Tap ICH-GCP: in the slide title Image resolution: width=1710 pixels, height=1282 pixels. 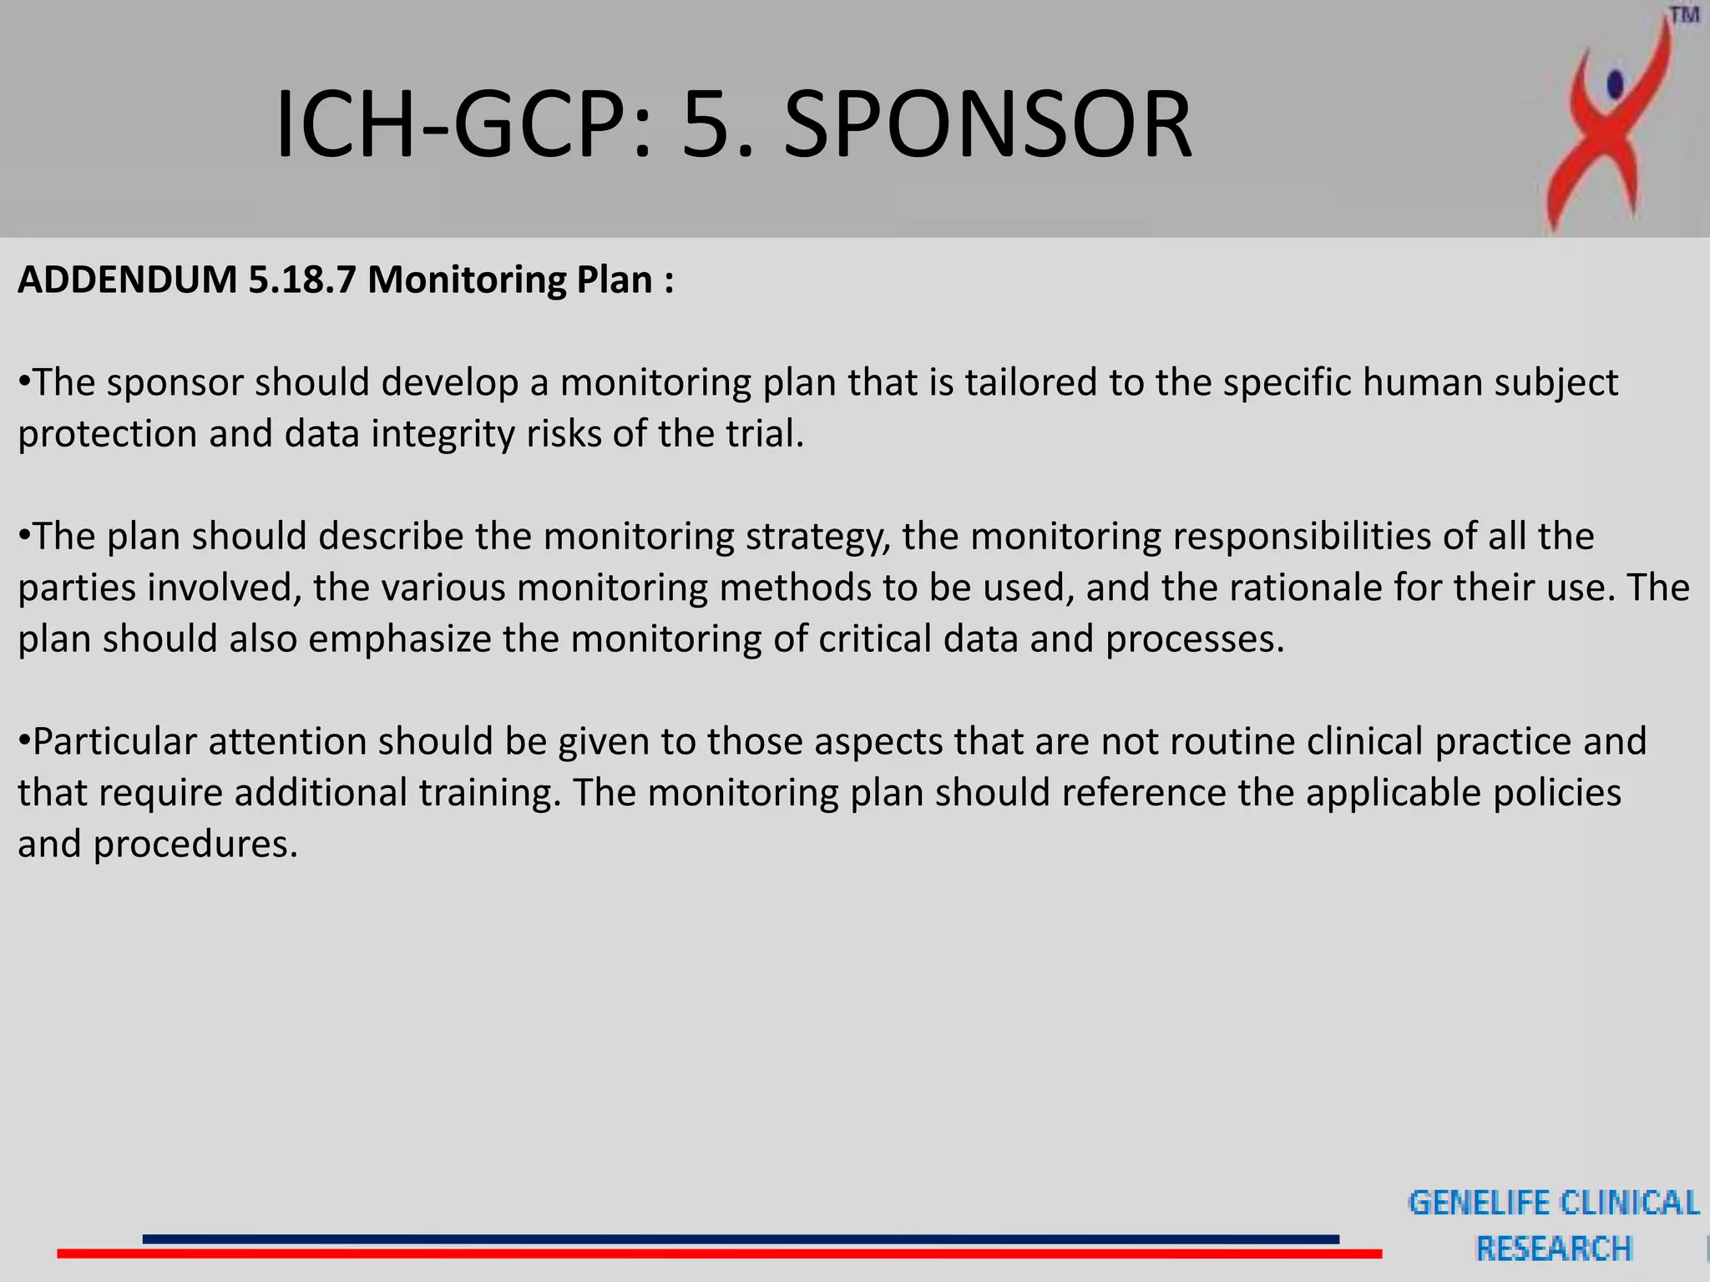[463, 125]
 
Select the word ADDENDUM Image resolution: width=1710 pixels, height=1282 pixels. [128, 280]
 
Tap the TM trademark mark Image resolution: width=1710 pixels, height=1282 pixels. [1684, 16]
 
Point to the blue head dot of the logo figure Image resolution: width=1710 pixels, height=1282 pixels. [1615, 83]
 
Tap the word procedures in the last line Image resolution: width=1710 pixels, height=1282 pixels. [195, 845]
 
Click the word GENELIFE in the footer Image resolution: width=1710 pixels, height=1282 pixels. [1478, 1203]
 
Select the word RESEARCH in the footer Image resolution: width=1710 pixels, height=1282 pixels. [1554, 1249]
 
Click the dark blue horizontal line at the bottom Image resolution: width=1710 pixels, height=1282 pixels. [740, 1239]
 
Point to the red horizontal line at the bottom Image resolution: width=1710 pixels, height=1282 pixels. [718, 1254]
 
